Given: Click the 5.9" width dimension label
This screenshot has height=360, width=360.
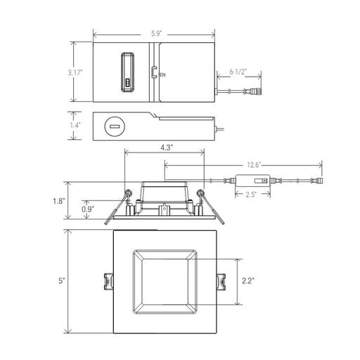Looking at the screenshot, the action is click(156, 34).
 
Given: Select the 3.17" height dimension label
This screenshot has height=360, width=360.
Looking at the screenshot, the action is click(75, 72).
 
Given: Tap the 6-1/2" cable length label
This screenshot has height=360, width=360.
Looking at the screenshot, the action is click(238, 72).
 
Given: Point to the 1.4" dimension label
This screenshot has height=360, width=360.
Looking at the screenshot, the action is click(75, 125).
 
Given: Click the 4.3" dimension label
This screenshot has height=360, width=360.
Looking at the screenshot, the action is click(167, 148).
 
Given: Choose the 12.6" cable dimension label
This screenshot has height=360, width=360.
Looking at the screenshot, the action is click(254, 165).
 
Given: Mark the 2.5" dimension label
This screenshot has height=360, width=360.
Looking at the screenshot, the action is click(251, 195).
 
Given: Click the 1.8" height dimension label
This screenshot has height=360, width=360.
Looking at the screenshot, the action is click(58, 201).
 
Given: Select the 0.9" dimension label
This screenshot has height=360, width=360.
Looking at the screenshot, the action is click(88, 209).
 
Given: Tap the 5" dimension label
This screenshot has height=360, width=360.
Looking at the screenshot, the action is click(62, 281).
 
